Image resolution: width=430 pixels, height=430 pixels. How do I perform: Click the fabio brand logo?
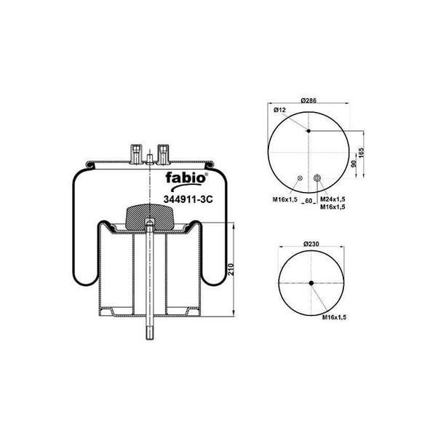(186, 181)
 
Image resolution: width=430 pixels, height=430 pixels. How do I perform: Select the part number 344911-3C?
(188, 199)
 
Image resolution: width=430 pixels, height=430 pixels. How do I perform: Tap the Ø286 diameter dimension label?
(308, 100)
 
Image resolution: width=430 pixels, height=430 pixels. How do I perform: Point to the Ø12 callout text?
(279, 110)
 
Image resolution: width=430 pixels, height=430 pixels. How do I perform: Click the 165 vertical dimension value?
(361, 153)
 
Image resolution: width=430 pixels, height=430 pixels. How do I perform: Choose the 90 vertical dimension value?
(354, 164)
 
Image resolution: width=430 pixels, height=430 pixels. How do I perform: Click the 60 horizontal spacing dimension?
(308, 201)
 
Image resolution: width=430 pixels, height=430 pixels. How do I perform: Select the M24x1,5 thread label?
(333, 199)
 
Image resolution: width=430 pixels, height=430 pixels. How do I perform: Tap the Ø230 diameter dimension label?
(311, 244)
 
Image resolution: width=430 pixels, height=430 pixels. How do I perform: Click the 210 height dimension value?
(231, 270)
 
